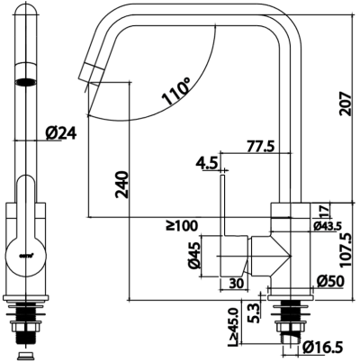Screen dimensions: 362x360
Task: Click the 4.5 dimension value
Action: [x=205, y=163]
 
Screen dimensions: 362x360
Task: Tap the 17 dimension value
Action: [x=324, y=210]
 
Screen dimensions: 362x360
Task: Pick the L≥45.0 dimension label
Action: [x=232, y=326]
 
